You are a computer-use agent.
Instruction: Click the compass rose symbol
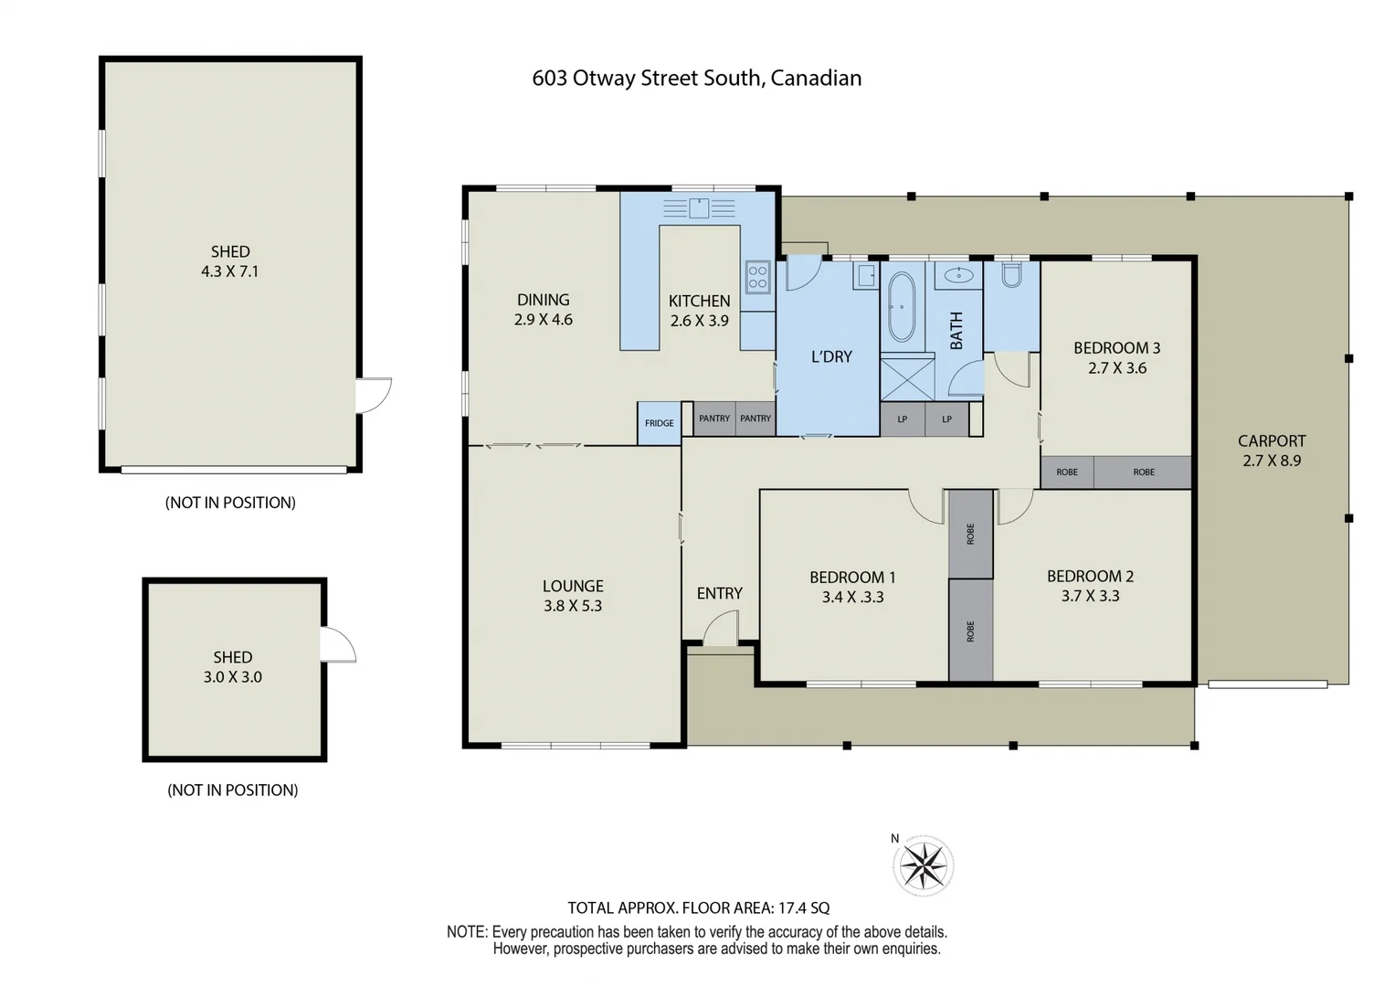[923, 865]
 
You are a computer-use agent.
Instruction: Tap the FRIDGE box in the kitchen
[659, 423]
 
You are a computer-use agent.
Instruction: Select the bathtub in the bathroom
[901, 306]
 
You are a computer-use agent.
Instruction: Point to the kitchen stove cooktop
[757, 275]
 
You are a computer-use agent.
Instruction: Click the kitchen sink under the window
[699, 208]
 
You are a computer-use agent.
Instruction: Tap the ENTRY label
[719, 593]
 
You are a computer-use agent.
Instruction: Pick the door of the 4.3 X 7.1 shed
[373, 395]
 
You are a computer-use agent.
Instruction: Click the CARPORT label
[1271, 440]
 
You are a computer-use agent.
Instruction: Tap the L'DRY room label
[830, 356]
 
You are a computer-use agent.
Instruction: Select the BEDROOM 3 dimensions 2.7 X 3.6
[1116, 368]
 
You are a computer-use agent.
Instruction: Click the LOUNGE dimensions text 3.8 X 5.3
[572, 606]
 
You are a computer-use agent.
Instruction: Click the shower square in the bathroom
[907, 378]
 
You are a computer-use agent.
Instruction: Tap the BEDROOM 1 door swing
[926, 505]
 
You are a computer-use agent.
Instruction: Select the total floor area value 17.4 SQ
[803, 907]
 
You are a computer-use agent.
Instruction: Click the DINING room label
[543, 300]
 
